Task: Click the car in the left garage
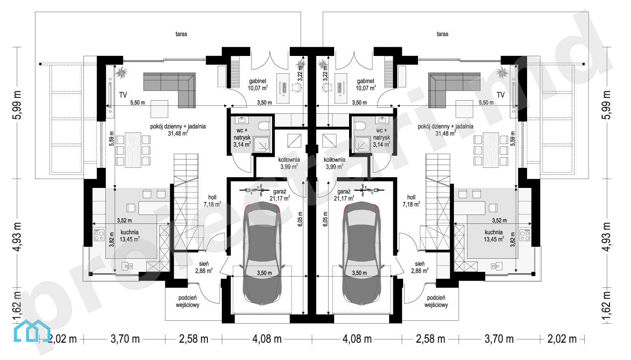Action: click(x=262, y=254)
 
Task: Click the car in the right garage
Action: click(x=362, y=254)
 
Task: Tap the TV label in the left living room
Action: click(x=123, y=95)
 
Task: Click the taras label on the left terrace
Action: click(x=181, y=34)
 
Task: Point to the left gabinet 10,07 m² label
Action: click(x=258, y=84)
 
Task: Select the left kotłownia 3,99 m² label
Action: click(x=289, y=163)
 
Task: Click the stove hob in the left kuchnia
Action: click(x=99, y=235)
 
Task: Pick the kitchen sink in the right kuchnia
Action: click(x=496, y=265)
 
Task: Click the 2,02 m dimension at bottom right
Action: click(x=562, y=339)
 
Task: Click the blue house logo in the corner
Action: click(x=32, y=331)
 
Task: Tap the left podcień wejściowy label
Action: click(x=188, y=301)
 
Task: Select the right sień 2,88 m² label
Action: click(x=420, y=267)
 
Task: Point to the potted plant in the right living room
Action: click(x=503, y=73)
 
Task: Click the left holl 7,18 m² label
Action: click(x=213, y=201)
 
